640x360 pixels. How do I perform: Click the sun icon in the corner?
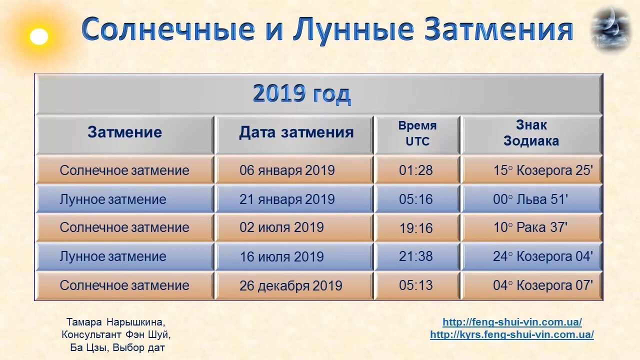(x=38, y=36)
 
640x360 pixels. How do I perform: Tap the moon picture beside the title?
(x=610, y=28)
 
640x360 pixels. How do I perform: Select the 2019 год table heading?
(x=301, y=94)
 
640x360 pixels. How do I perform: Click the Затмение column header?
(x=124, y=132)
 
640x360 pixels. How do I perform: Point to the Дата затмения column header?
(x=296, y=132)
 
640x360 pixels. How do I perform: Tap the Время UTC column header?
(x=417, y=133)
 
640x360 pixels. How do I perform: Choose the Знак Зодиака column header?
(x=531, y=133)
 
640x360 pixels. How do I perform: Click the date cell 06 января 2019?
(x=287, y=170)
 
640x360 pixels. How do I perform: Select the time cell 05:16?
(x=415, y=199)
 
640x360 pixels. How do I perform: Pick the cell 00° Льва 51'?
(x=530, y=199)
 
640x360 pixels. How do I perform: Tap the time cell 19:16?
(x=415, y=228)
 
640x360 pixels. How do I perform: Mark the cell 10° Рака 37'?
(x=530, y=227)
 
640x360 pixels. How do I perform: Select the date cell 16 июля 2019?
(x=281, y=257)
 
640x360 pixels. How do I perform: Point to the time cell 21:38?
(x=415, y=256)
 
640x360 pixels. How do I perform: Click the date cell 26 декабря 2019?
(x=290, y=286)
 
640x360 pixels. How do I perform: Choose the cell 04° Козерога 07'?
(x=542, y=285)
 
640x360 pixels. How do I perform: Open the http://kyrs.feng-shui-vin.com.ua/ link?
(x=512, y=335)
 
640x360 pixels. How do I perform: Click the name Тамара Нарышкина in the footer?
(x=115, y=322)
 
